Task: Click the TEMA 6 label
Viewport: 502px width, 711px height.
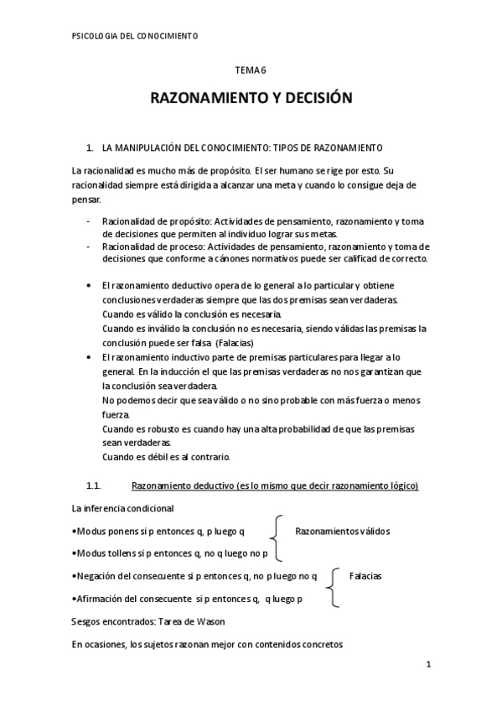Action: coord(251,74)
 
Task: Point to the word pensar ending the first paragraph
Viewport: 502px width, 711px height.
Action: coord(85,200)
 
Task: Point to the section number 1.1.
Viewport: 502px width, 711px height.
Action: coord(94,485)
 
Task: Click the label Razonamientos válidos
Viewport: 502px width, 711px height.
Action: coord(342,531)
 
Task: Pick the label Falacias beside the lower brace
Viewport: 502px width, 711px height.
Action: coord(365,576)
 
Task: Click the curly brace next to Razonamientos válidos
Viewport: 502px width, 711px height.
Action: coord(275,541)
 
